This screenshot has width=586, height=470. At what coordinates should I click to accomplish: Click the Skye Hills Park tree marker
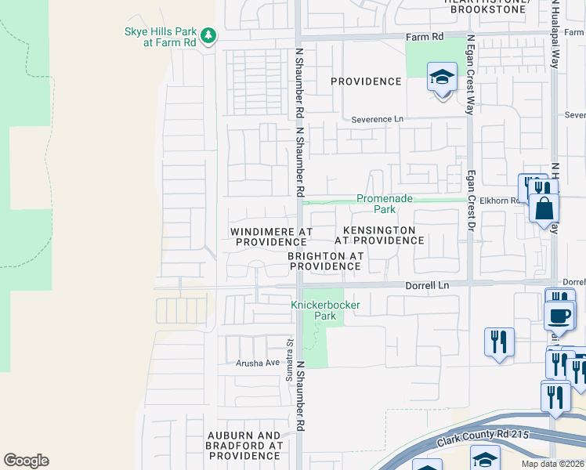coord(208,35)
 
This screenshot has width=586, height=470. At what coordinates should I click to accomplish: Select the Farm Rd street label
coord(425,37)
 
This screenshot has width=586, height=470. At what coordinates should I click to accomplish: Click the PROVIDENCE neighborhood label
coord(366,81)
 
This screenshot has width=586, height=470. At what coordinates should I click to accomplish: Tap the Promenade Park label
coord(385,204)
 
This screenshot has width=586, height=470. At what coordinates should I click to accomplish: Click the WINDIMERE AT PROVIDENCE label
coord(271,237)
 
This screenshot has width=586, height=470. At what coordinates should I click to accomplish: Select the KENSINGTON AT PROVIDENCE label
coord(383,235)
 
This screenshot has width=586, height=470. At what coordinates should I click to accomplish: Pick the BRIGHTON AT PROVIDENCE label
coord(324,261)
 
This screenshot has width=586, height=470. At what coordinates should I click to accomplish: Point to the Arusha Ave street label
coord(258,363)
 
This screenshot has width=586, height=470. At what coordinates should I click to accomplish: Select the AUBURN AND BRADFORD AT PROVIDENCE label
coord(244,445)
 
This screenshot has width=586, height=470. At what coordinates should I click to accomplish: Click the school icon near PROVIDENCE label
coord(442,78)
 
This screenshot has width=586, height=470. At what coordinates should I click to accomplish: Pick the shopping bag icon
coord(543,209)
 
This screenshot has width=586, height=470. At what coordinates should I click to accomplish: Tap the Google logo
coord(26,461)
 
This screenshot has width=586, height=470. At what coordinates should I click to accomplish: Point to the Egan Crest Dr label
coord(471,201)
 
